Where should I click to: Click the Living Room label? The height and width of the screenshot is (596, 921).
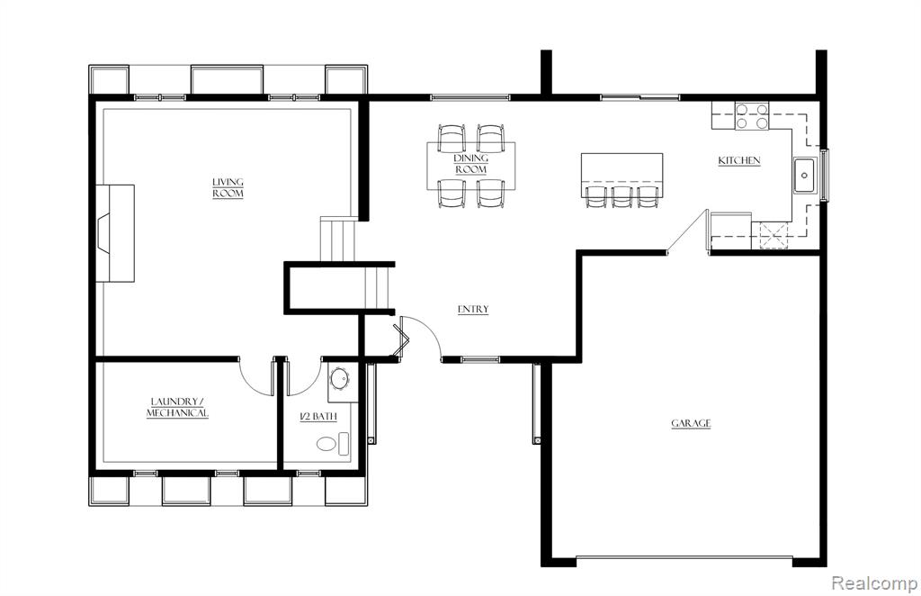(228, 187)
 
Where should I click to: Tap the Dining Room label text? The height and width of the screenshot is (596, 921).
(471, 164)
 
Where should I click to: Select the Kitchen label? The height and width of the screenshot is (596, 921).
(739, 160)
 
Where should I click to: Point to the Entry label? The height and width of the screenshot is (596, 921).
(473, 309)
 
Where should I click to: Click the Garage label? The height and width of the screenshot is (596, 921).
(692, 423)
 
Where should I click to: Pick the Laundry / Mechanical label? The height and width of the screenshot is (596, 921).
(177, 407)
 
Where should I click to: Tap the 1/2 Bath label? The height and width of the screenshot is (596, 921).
(319, 417)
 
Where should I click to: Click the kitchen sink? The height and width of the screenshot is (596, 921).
(805, 176)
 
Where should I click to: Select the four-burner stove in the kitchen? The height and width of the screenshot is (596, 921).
(753, 116)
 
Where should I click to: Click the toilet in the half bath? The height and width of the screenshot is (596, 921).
(333, 444)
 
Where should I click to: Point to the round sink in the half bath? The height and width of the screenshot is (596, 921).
(339, 379)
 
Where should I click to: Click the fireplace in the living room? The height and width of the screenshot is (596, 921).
(115, 233)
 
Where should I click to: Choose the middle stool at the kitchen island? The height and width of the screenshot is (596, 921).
(622, 196)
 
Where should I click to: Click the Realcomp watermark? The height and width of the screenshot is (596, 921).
(874, 583)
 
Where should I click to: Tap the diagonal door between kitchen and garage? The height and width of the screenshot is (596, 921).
(686, 231)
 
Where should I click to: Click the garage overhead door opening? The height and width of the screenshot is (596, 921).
(684, 558)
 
